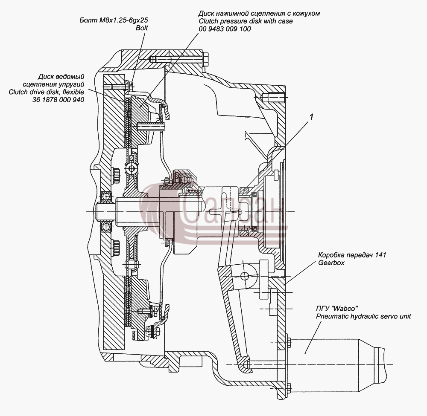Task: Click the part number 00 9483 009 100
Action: click(225, 29)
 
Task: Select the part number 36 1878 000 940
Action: click(58, 100)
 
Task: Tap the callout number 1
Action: click(311, 117)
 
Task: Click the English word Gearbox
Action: click(331, 263)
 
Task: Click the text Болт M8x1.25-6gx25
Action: click(114, 20)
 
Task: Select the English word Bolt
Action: click(142, 28)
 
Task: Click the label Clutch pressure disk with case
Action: click(246, 21)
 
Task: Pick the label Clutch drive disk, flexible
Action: click(46, 92)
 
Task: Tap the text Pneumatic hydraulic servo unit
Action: click(363, 317)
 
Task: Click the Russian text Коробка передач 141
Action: click(352, 255)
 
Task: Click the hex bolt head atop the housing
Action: click(206, 59)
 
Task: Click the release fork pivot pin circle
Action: click(245, 276)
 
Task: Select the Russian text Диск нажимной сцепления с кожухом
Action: click(259, 13)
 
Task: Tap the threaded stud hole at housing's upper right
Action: click(275, 96)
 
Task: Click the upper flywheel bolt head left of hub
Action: click(116, 176)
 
